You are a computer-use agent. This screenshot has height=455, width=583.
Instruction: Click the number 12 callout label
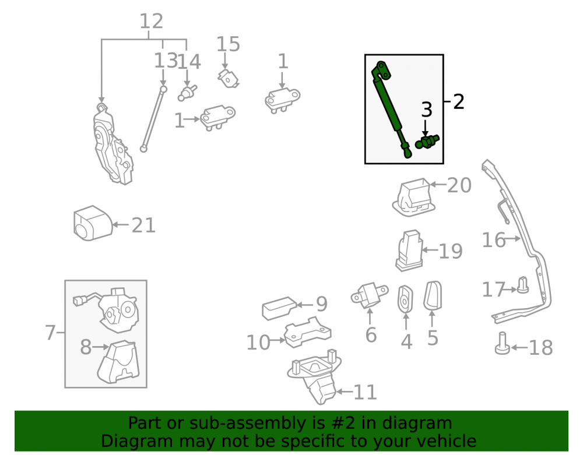point(152,21)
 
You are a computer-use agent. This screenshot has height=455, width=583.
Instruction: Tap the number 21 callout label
point(143,225)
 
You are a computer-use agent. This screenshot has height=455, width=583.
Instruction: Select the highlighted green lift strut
point(392,109)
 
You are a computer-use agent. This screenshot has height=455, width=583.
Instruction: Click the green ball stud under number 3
point(427,142)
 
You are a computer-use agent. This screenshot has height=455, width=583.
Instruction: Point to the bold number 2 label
point(459,101)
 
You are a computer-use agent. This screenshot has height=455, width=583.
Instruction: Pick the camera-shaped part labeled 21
point(93,223)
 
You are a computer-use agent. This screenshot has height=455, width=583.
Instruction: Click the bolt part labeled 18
point(503,343)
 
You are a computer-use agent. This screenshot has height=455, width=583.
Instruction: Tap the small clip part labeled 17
point(523,285)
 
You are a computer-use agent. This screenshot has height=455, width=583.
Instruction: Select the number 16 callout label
point(494,239)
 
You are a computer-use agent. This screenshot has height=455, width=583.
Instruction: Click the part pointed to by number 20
point(414,197)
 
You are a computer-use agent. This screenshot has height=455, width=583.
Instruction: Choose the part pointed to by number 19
point(409,251)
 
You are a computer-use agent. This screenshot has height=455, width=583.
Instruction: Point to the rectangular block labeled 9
point(279,308)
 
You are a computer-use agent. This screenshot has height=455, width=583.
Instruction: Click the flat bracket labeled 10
point(307,332)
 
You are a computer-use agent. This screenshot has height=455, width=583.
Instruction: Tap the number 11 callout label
point(365,392)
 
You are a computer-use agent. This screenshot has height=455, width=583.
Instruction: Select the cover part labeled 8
point(118,362)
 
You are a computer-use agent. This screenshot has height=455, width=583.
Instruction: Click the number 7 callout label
point(50,333)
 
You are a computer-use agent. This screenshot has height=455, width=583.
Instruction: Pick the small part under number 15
point(228,79)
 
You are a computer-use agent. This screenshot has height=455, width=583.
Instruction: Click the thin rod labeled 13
point(153,119)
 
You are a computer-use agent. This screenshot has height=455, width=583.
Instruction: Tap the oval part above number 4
point(405,299)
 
